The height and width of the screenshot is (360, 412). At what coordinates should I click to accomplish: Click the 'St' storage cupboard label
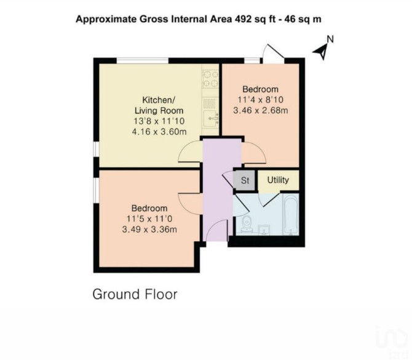(x=245, y=180)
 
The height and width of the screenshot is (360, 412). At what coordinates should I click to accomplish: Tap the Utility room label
(x=278, y=180)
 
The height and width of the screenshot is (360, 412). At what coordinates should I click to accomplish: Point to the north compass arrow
(x=321, y=52)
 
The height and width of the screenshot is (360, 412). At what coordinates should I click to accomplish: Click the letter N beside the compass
(x=330, y=39)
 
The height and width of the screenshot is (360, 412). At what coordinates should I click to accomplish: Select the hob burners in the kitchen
(x=210, y=79)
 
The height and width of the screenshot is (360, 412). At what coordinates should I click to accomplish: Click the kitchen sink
(x=212, y=119)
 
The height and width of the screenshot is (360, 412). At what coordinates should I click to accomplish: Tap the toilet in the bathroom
(x=247, y=225)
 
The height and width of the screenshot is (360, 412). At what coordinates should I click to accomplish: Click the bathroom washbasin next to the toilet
(x=264, y=230)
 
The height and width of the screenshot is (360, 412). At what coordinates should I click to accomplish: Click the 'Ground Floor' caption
(x=135, y=294)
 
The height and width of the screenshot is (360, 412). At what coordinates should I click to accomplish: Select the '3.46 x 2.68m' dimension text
(x=260, y=110)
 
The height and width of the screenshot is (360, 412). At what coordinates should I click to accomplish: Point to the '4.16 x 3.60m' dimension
(x=159, y=132)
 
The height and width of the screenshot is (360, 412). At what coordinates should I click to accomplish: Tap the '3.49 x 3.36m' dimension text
(x=149, y=230)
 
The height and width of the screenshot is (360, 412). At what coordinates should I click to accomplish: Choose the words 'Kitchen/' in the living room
(x=159, y=100)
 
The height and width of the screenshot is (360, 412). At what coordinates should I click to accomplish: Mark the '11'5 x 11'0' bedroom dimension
(x=149, y=218)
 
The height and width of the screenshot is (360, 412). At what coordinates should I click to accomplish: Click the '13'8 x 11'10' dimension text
(x=159, y=121)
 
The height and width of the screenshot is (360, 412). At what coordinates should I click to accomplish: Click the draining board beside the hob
(x=210, y=103)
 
